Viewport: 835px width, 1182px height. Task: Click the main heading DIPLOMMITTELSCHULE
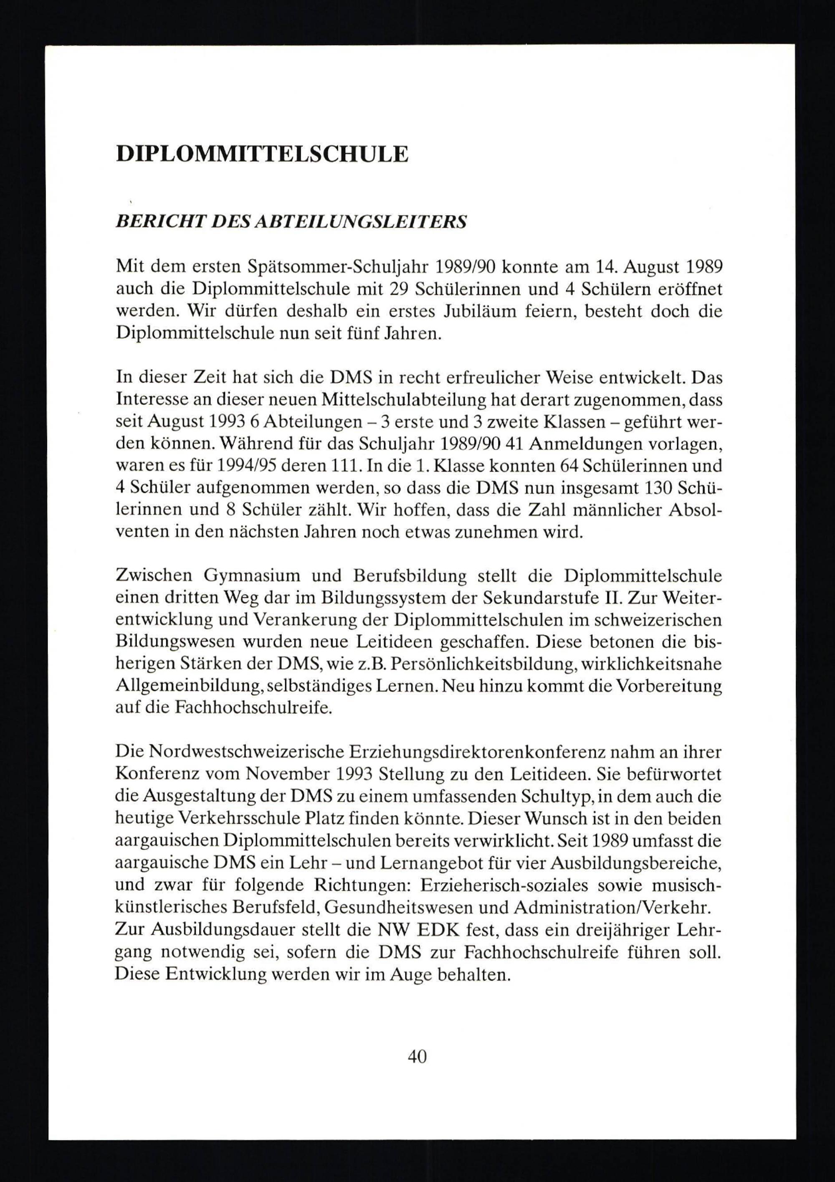(x=262, y=155)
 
